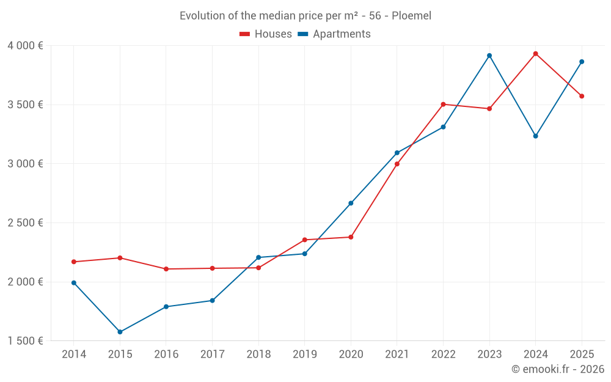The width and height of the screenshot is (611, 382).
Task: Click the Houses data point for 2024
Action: (535, 54)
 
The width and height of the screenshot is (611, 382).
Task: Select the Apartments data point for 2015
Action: (120, 332)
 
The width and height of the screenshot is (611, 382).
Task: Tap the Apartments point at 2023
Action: (489, 56)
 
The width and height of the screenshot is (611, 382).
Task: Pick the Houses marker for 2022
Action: (443, 105)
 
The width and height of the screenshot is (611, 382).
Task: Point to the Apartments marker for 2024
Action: (535, 136)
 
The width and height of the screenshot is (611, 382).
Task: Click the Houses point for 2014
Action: (74, 262)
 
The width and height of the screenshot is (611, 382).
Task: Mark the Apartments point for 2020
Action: (351, 203)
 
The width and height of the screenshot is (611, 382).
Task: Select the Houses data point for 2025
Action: (582, 96)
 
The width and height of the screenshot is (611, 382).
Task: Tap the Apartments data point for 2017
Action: (212, 300)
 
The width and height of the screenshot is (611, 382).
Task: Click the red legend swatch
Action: (245, 34)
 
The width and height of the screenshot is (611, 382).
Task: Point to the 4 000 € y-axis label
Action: (26, 46)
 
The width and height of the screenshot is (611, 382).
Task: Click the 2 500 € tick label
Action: (26, 222)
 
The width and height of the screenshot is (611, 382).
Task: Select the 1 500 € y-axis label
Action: (26, 341)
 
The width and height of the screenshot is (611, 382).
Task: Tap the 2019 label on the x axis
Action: (304, 354)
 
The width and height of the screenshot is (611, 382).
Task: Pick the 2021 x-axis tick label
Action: (397, 354)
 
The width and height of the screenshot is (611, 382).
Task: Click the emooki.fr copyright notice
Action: (557, 369)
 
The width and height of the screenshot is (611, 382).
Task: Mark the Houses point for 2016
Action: (166, 269)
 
